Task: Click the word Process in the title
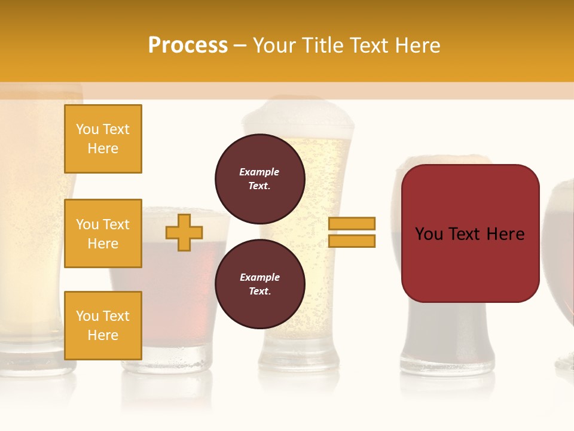pyautogui.click(x=188, y=45)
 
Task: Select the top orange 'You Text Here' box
pyautogui.click(x=103, y=139)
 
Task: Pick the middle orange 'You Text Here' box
pyautogui.click(x=103, y=233)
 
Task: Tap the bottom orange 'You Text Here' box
pyautogui.click(x=103, y=325)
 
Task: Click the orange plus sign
pyautogui.click(x=184, y=232)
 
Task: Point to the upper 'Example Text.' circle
pyautogui.click(x=259, y=179)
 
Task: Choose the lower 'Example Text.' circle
pyautogui.click(x=259, y=284)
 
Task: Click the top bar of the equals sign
pyautogui.click(x=352, y=223)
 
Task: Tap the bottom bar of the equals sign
pyautogui.click(x=352, y=241)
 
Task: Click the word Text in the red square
pyautogui.click(x=469, y=233)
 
